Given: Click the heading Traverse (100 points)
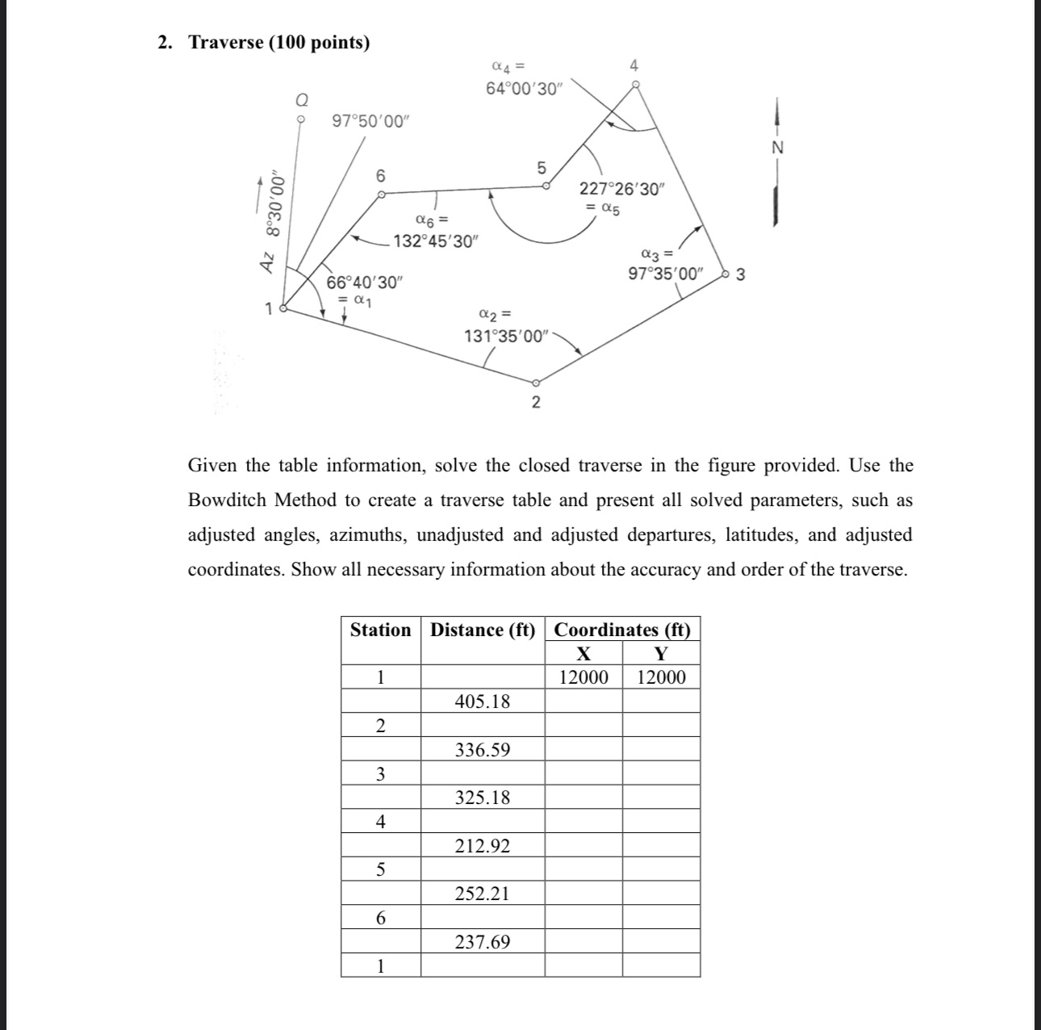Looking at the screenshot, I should [x=278, y=43].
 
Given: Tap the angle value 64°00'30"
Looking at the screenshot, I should [x=523, y=89].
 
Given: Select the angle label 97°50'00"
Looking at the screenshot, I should [x=371, y=121].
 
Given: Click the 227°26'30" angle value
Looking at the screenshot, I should [x=621, y=190].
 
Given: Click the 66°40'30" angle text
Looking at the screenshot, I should [x=363, y=283].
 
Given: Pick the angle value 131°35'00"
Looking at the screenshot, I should [x=505, y=336].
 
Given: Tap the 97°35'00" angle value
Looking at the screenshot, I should [x=666, y=274].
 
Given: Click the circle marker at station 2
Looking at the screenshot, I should [x=536, y=383].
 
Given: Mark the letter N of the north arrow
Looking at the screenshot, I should [x=777, y=148].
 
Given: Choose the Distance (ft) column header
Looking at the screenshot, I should [x=483, y=630].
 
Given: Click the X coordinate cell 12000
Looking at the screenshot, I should [x=583, y=677].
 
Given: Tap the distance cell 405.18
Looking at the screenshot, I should [x=483, y=701].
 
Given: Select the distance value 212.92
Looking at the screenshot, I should [x=483, y=846].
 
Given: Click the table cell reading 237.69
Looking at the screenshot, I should [x=483, y=942].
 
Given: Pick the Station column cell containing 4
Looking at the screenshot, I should [x=380, y=822].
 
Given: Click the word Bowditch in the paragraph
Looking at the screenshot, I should [x=232, y=500].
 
